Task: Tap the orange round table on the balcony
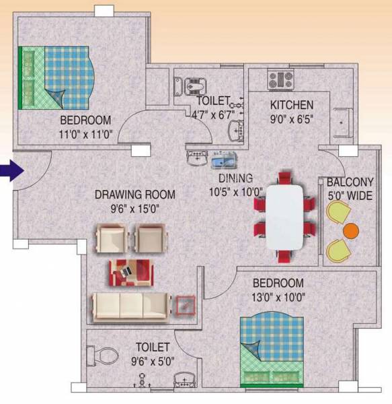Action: coord(350,231)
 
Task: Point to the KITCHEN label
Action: coord(291,105)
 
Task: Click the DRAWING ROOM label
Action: coord(134,195)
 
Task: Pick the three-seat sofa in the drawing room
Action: coord(132,307)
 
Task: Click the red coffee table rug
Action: coord(132,271)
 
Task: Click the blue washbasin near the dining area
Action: coord(223,161)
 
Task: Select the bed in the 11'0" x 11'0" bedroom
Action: coord(55,77)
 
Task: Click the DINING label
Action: coord(235,178)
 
